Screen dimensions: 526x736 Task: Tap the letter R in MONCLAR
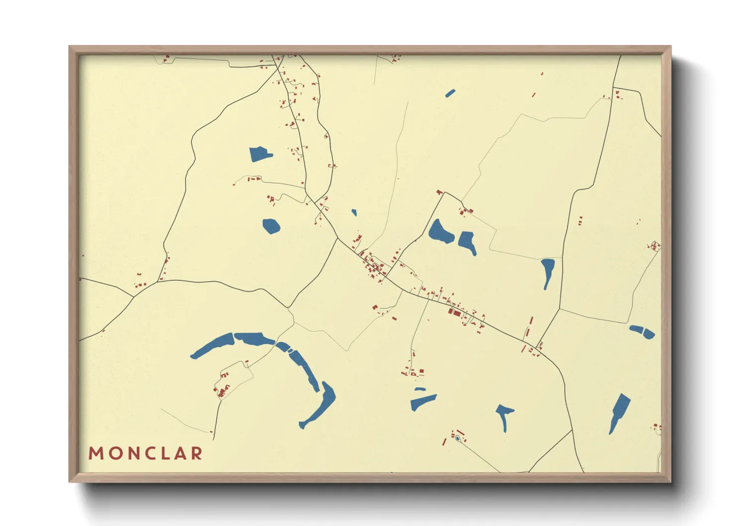tap(197, 453)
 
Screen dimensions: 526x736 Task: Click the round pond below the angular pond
tap(271, 226)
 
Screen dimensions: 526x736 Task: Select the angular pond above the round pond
tap(259, 154)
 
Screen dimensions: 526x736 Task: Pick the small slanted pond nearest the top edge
tap(450, 93)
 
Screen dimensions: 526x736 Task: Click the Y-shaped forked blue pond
tap(504, 415)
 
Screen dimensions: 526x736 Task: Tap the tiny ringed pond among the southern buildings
tap(457, 438)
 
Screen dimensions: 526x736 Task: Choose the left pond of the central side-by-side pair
tap(440, 231)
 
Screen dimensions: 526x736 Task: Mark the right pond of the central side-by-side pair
tap(467, 242)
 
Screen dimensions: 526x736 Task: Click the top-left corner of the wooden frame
tap(70, 47)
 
